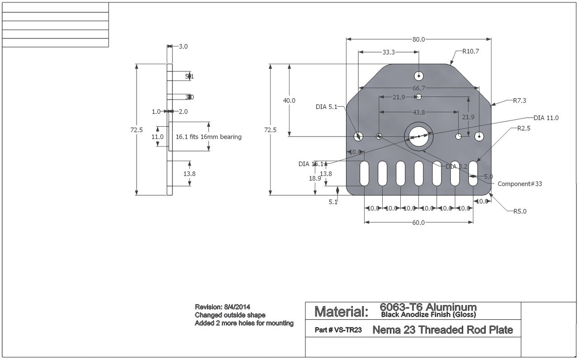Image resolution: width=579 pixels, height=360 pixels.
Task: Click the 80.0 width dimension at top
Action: (x=418, y=39)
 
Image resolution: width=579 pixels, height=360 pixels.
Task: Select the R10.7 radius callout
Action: (x=470, y=52)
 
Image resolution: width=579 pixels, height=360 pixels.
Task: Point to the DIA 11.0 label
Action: (x=546, y=118)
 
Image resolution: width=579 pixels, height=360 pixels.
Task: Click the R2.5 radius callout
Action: (x=524, y=128)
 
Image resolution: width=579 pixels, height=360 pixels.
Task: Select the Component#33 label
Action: (x=519, y=184)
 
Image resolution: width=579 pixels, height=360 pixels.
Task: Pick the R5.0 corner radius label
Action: (x=519, y=211)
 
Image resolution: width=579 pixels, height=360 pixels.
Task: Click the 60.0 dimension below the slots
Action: (x=418, y=223)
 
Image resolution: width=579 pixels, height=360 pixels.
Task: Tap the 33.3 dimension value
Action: (x=389, y=52)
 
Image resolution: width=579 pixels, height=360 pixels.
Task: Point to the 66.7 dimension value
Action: (x=418, y=88)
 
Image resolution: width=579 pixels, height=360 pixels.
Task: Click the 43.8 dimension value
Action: (x=418, y=112)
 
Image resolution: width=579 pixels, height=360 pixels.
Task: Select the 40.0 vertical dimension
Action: (x=289, y=100)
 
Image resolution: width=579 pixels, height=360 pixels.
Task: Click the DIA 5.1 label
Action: (x=327, y=107)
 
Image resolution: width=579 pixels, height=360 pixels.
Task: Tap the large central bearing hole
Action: (x=419, y=136)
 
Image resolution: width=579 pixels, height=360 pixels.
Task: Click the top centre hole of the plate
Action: (x=419, y=76)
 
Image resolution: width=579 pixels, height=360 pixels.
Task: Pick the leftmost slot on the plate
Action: (x=364, y=173)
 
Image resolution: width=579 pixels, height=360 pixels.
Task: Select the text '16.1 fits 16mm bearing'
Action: (x=209, y=137)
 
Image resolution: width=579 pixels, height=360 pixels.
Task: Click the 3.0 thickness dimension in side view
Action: (x=183, y=46)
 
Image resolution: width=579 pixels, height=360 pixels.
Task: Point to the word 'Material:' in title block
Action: (x=341, y=312)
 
